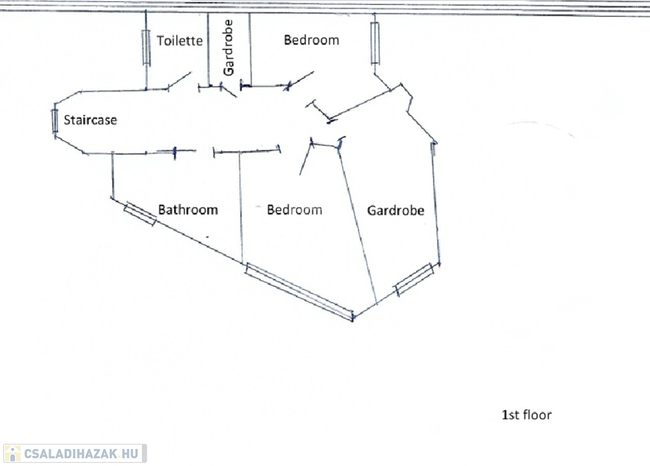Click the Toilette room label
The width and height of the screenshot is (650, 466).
pos(180,41)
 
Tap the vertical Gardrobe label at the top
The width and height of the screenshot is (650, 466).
pos(229,47)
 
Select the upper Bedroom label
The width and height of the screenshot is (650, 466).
pos(311,40)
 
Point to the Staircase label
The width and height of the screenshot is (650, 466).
pos(90,120)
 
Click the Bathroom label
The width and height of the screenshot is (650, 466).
pos(188,209)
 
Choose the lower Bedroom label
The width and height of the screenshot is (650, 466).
pos(294,209)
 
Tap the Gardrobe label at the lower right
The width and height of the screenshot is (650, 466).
pos(395,210)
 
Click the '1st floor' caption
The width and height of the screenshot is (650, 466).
pos(526,415)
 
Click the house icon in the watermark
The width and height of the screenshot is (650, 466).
pos(11,453)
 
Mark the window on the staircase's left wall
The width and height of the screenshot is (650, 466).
pos(55,121)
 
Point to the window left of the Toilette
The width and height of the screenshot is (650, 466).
pos(146,48)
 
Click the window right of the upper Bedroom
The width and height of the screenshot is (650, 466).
pos(375,43)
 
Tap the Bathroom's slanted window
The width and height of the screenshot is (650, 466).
pos(140,214)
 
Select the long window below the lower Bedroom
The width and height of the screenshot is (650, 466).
pos(299,292)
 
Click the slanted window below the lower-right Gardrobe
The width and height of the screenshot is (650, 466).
pos(415,279)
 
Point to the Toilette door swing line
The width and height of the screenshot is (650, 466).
pos(180,80)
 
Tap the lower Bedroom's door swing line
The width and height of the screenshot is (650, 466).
pos(305,159)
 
